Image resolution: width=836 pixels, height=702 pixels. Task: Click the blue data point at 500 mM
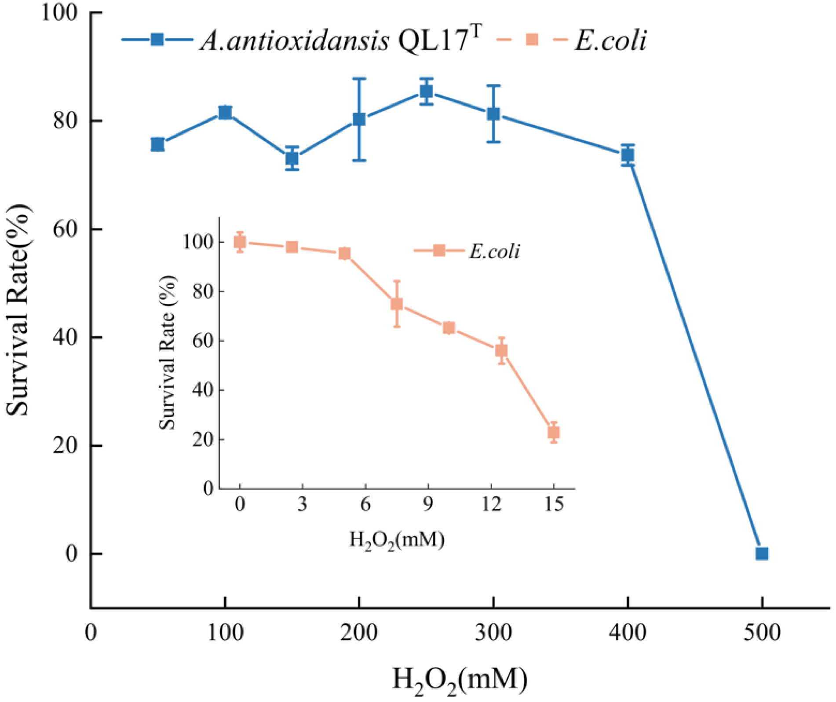point(762,554)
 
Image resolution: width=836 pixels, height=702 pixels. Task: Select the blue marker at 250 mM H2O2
point(426,92)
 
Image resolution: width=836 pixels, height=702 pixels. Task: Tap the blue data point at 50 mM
point(157,144)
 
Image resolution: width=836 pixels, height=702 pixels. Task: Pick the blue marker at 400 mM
point(628,155)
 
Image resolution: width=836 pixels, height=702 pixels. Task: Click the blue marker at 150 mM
point(292,158)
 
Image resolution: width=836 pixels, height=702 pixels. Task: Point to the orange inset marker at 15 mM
point(554,432)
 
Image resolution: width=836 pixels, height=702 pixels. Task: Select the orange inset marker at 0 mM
point(240,242)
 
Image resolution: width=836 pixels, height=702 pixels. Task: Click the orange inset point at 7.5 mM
point(397,304)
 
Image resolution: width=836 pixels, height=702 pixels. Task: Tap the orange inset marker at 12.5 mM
point(501,350)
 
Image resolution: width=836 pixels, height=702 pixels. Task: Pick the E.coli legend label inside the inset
point(494,251)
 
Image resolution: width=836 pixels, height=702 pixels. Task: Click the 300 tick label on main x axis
point(493,632)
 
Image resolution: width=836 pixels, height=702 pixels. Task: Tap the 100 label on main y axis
point(59,12)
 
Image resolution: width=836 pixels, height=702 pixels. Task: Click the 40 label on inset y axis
point(203,390)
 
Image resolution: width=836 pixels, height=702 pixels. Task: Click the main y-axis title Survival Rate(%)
point(18,310)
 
